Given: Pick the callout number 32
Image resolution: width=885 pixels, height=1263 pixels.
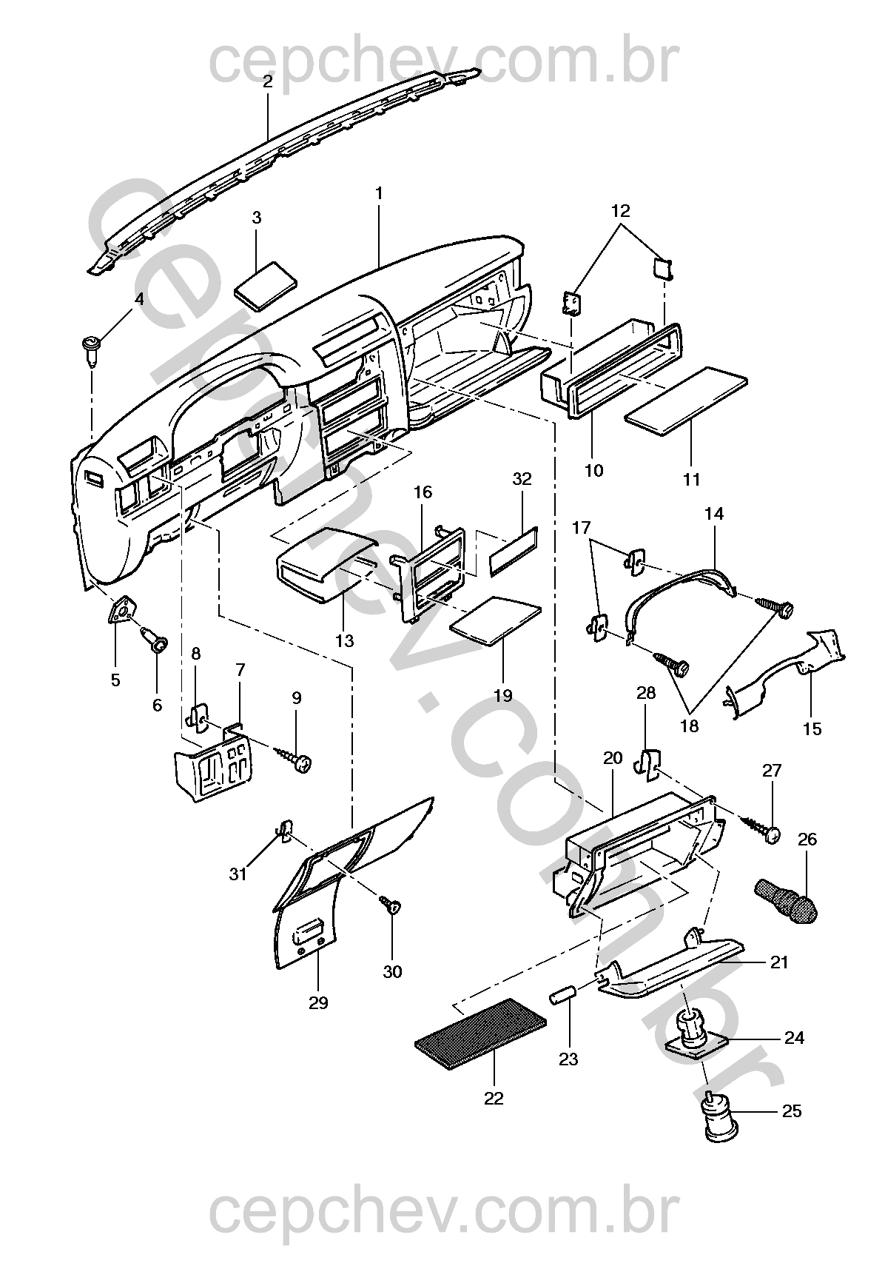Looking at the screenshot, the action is (522, 479).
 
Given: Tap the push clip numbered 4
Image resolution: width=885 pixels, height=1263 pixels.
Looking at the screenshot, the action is (91, 350).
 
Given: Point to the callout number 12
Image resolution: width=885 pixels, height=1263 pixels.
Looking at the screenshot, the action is (620, 211).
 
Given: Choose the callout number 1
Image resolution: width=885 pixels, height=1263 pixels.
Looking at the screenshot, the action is (379, 193).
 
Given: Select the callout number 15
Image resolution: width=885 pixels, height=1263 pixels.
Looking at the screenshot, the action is (812, 729).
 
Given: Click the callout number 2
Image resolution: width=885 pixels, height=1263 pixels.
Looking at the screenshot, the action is (268, 81).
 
